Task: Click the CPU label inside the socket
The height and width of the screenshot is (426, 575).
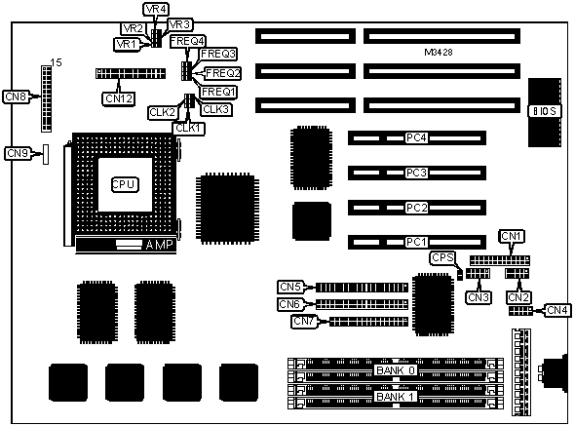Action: point(125,184)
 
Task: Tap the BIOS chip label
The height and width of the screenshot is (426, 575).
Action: point(545,111)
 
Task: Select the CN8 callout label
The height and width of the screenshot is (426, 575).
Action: point(17,97)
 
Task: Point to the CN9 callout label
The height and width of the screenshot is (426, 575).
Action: point(18,153)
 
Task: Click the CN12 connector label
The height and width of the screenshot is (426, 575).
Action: point(119,98)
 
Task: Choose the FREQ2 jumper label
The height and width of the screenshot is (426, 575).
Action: point(222,73)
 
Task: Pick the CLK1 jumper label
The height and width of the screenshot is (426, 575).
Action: point(188,128)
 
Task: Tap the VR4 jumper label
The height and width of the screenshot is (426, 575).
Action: point(157,9)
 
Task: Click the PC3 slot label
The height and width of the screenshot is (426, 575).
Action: point(416,173)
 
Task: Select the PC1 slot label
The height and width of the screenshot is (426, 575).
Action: point(416,242)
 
